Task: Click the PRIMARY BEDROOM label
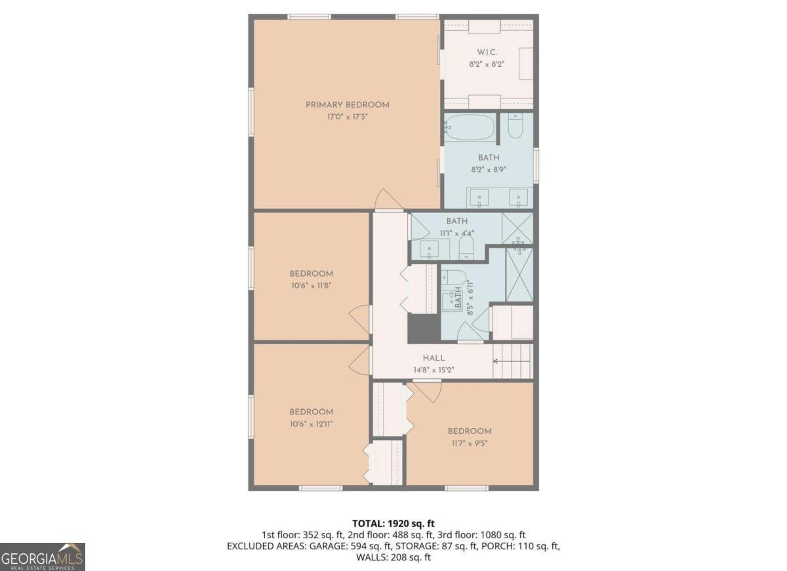tap(347, 105)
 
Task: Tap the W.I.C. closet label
tap(487, 52)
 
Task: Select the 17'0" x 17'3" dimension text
tap(347, 117)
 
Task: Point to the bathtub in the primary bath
tap(470, 128)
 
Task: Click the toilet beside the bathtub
tap(515, 125)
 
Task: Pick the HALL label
tap(434, 358)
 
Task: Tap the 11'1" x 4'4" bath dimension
tap(456, 233)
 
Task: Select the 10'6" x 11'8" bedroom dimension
tap(312, 286)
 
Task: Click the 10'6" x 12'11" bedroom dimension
tap(312, 424)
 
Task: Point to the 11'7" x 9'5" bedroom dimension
tap(470, 443)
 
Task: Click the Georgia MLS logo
tap(43, 557)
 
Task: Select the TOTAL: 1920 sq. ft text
tap(393, 524)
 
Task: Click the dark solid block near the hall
tap(424, 328)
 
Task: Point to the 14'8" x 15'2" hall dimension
tap(434, 370)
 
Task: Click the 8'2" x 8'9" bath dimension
tap(489, 170)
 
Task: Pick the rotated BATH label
tap(458, 298)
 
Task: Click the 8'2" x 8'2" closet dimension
tap(487, 64)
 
